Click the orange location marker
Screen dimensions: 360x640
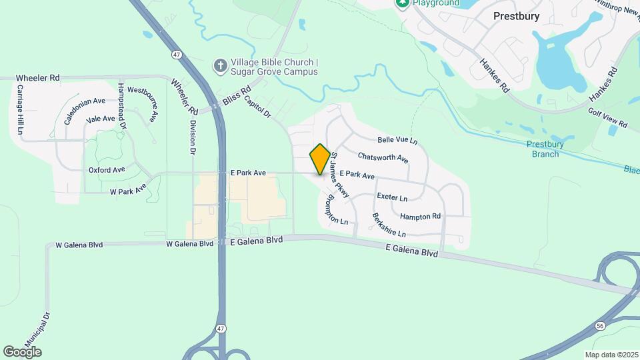pyautogui.click(x=320, y=159)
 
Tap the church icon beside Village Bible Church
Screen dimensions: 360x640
pyautogui.click(x=219, y=66)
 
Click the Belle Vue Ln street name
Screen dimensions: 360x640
pyautogui.click(x=397, y=141)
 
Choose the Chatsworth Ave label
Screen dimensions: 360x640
pyautogui.click(x=383, y=157)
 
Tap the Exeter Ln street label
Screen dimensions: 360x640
pyautogui.click(x=391, y=197)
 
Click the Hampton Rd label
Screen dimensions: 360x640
pyautogui.click(x=420, y=216)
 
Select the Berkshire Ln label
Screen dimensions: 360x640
pyautogui.click(x=389, y=225)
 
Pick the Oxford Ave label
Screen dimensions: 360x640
pyautogui.click(x=107, y=170)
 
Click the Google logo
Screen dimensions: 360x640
pyautogui.click(x=22, y=351)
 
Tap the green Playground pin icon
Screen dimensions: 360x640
pyautogui.click(x=401, y=3)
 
